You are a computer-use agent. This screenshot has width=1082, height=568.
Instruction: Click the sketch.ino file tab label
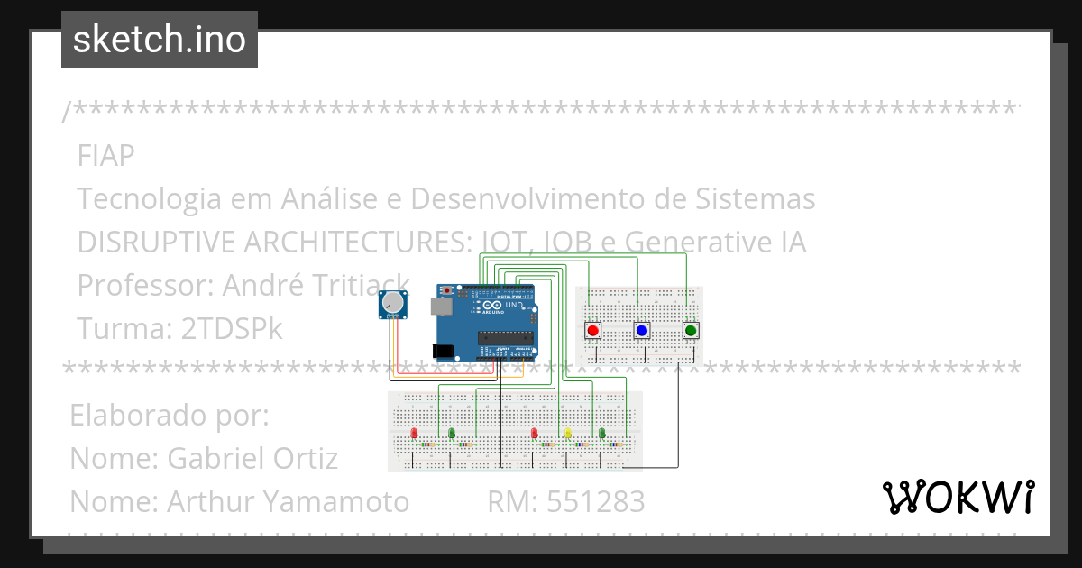(x=159, y=40)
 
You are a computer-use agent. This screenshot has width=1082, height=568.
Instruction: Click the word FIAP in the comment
(x=105, y=156)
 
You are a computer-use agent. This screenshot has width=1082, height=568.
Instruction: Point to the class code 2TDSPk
(x=232, y=329)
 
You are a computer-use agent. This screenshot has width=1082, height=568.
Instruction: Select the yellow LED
(x=568, y=434)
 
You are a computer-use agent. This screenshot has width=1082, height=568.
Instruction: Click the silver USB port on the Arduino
(x=441, y=307)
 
